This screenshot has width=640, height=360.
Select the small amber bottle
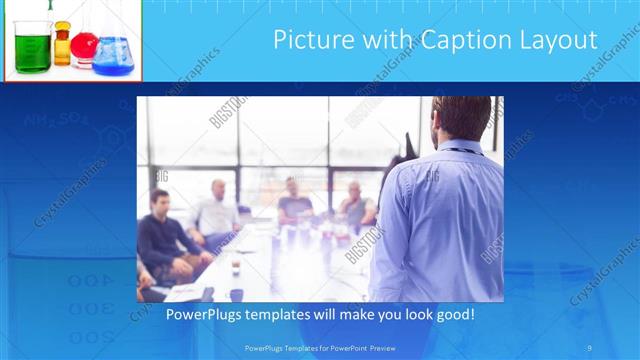coord(62,46)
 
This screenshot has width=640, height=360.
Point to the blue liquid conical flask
coord(111,56)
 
